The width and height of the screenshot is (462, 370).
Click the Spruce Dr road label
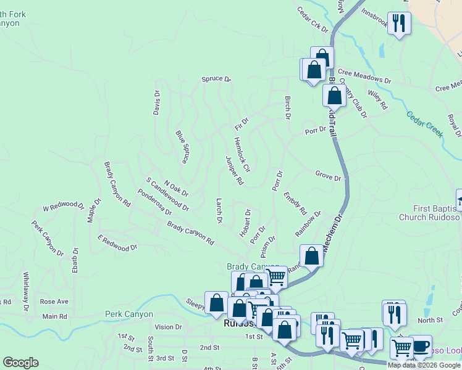tap(216, 80)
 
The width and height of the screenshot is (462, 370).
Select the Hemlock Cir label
tap(241, 154)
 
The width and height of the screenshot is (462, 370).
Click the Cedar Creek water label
tap(425, 124)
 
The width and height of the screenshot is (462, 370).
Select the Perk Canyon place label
tap(128, 314)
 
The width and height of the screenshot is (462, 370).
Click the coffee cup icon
tap(420, 346)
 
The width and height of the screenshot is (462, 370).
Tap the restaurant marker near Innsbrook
tap(399, 24)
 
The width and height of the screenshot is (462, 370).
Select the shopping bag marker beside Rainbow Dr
tap(311, 255)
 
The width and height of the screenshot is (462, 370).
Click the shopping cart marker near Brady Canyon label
tap(276, 277)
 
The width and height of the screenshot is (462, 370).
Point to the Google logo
tap(20, 363)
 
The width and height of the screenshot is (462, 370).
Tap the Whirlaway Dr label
tap(26, 290)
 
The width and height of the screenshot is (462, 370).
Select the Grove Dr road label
tap(328, 177)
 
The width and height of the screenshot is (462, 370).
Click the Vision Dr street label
tap(169, 327)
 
